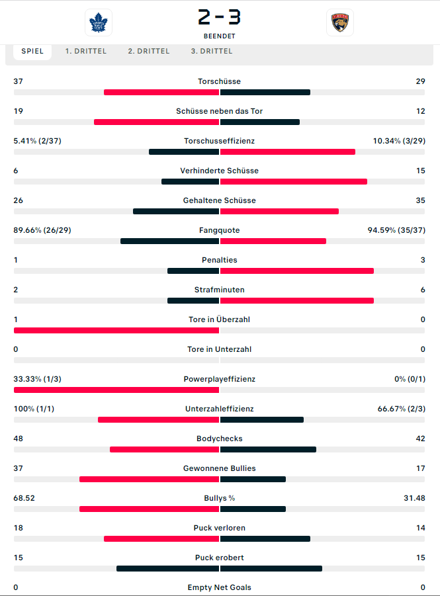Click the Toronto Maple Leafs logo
(x=99, y=22)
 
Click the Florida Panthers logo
(x=340, y=22)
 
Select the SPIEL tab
(x=32, y=52)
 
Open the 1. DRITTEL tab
(x=86, y=52)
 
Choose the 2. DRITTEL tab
(x=149, y=52)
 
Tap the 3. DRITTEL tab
(x=212, y=52)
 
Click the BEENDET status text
(x=220, y=36)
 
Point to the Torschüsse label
(x=220, y=81)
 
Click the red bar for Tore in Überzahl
(x=116, y=331)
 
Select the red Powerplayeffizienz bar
(x=116, y=390)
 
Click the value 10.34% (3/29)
(x=399, y=141)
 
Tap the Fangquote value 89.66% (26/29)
(x=42, y=230)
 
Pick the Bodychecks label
(x=220, y=439)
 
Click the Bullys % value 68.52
(x=24, y=498)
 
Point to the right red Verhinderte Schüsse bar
(x=294, y=182)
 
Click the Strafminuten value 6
(x=423, y=290)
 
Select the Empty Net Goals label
(x=220, y=587)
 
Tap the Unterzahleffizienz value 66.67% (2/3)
(x=401, y=409)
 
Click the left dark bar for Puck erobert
(x=167, y=569)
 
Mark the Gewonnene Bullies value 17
(x=421, y=469)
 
